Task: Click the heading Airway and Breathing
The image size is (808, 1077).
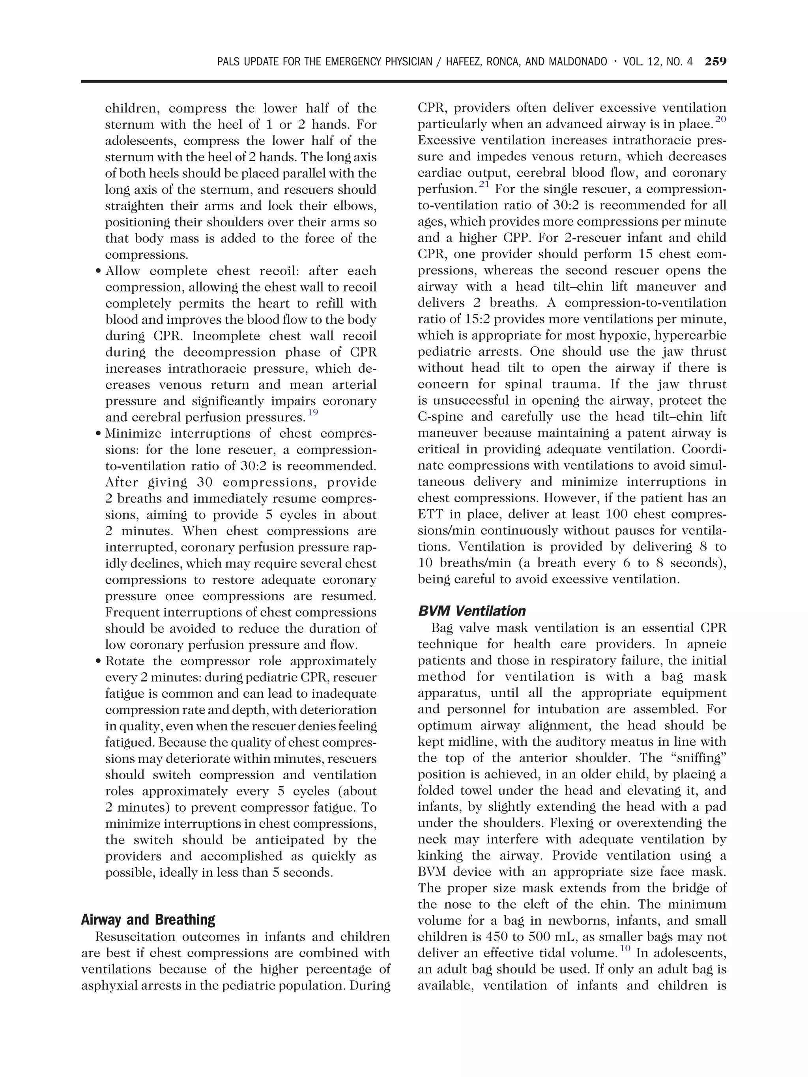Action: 148,919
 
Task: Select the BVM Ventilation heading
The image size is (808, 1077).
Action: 471,611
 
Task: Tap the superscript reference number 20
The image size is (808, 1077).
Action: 721,119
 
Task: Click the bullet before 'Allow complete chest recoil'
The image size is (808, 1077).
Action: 99,272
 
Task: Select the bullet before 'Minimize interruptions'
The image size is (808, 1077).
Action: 99,434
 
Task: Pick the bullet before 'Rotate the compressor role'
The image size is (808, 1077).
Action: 99,662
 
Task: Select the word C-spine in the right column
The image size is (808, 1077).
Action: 436,417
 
